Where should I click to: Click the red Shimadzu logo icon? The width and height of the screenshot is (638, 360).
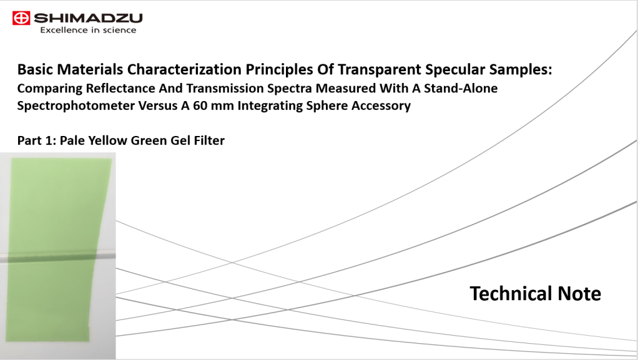coord(21,18)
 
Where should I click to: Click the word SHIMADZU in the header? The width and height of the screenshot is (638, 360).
coord(88,18)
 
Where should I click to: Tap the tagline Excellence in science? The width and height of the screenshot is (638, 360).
coord(88,30)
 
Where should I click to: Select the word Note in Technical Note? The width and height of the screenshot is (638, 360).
coord(579,293)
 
